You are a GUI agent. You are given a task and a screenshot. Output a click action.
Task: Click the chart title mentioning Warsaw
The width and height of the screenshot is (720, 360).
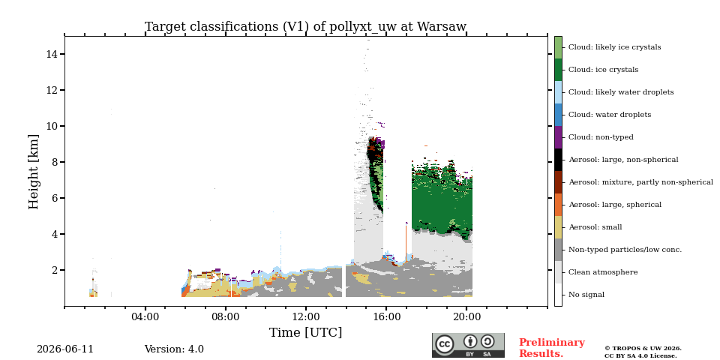click(305, 27)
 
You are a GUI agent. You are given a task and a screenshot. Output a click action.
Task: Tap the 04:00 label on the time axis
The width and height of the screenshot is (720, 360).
click(145, 316)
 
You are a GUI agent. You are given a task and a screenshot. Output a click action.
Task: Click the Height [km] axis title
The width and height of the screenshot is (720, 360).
click(34, 172)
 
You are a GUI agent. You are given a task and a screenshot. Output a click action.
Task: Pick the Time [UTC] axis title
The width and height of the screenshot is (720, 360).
click(305, 332)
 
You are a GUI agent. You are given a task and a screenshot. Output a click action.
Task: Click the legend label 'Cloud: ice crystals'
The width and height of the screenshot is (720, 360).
click(603, 70)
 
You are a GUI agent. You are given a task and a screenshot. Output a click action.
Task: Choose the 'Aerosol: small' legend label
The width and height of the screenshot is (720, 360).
click(595, 227)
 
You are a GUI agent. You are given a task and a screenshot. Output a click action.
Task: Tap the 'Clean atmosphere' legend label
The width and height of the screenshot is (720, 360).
click(603, 272)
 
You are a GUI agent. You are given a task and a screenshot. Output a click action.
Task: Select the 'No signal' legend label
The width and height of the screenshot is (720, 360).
click(586, 295)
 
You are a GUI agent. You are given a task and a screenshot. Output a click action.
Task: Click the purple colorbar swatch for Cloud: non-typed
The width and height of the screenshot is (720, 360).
click(558, 137)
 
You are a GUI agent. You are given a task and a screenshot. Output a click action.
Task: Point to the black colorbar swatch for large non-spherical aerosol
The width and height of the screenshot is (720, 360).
click(558, 160)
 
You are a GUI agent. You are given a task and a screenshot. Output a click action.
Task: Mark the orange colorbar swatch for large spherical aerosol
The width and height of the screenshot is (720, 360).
click(558, 205)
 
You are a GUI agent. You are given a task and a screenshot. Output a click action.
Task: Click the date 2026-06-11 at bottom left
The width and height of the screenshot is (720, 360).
click(65, 349)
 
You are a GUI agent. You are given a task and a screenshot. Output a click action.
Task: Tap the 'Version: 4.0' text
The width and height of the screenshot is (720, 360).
click(174, 349)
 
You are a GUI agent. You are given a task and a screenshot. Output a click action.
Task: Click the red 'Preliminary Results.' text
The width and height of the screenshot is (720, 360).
click(552, 348)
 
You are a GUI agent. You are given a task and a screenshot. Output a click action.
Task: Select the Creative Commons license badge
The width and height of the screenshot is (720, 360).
click(468, 345)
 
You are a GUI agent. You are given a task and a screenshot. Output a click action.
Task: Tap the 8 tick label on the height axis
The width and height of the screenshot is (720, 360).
click(54, 162)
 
